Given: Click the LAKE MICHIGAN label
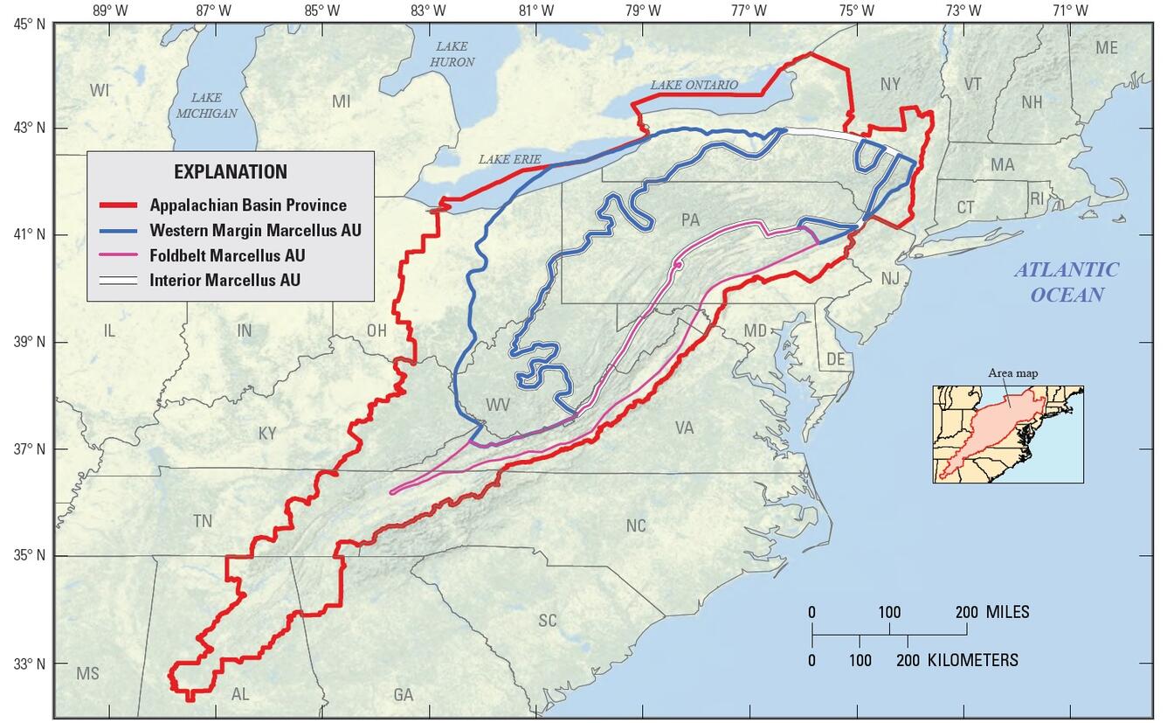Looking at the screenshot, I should [x=206, y=105].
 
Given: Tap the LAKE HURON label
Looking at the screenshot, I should [x=452, y=54].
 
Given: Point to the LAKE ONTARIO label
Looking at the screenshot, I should [x=694, y=85].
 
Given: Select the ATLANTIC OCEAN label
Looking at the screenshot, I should [x=1066, y=282].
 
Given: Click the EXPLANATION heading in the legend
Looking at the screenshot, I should [x=230, y=171].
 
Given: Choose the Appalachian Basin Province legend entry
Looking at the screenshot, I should [x=247, y=205].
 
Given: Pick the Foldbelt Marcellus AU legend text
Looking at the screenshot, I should [x=227, y=255].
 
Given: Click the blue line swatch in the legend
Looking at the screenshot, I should [x=119, y=231].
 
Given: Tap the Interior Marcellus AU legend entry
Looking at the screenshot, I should [x=224, y=281].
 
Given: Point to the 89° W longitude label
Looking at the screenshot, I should [x=108, y=10].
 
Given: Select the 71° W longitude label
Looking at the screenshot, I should [x=1070, y=10].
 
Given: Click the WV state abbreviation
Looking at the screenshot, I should [x=498, y=405].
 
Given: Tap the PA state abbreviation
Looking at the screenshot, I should [x=690, y=219].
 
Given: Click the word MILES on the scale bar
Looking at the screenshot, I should [x=1007, y=612].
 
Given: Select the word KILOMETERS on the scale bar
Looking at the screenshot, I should [x=972, y=660].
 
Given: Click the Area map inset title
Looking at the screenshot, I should [x=1013, y=373].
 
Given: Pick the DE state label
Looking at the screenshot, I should [x=836, y=359].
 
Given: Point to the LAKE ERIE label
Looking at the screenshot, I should [x=509, y=159].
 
